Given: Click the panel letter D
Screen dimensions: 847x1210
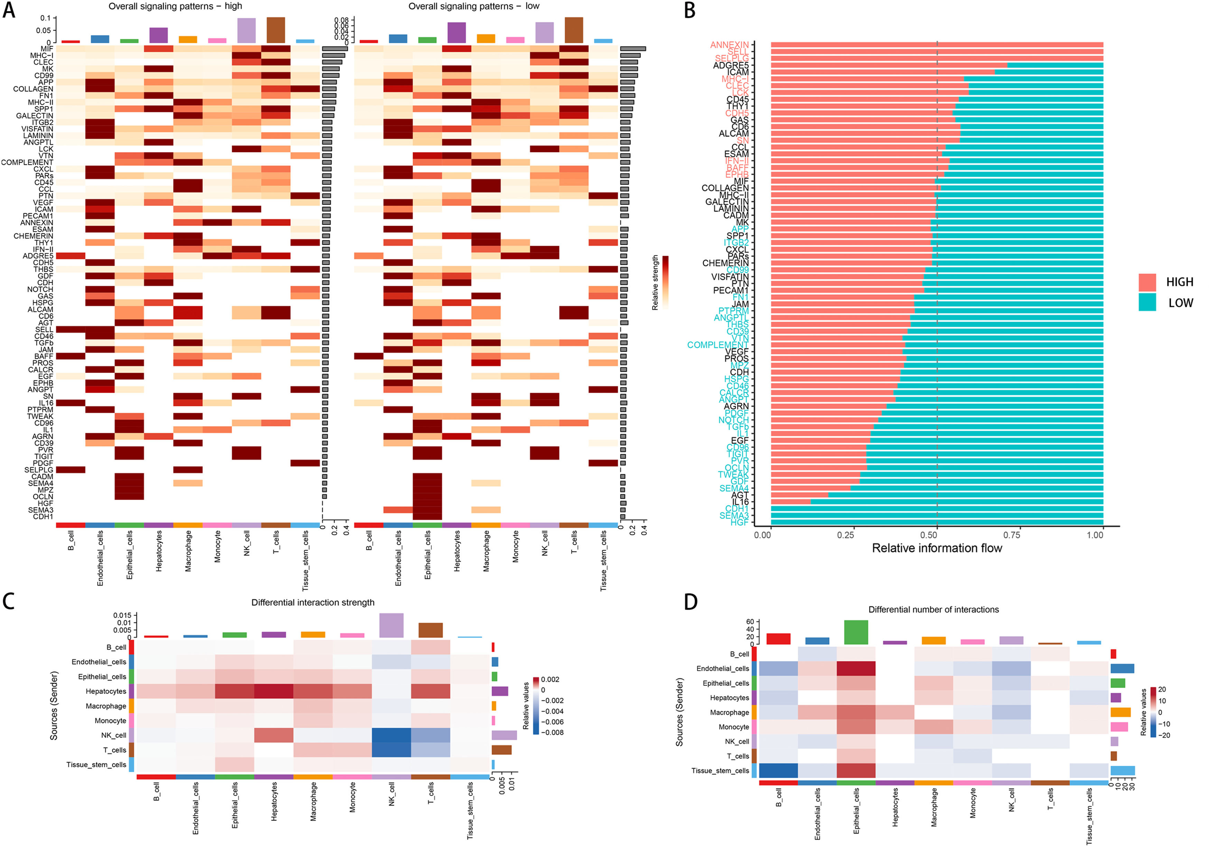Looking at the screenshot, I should coord(690,602).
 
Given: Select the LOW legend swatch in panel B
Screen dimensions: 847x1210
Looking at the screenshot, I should coord(1147,302).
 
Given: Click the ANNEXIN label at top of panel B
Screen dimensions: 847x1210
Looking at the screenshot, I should coord(729,45).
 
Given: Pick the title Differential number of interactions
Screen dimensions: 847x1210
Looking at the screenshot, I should coord(933,610).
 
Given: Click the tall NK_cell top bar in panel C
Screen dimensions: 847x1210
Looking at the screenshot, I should coord(391,625).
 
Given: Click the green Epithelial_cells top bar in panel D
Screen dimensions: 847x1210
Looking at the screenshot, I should coord(856,632).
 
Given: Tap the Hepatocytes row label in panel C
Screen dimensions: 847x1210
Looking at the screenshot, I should coord(106,691).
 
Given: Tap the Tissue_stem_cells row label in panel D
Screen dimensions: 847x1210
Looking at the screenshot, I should coord(720,771).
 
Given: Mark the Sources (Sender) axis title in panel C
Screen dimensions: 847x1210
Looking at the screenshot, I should coord(54,705).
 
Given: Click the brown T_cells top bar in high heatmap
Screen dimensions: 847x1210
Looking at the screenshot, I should coord(276,30).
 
